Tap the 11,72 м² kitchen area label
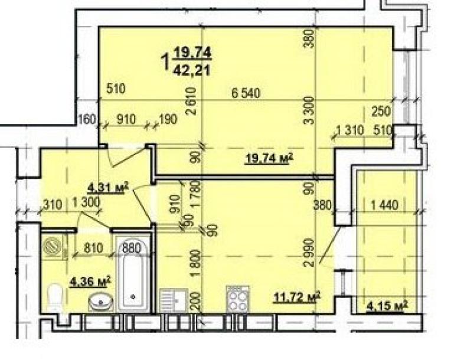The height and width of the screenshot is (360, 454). coord(297,297)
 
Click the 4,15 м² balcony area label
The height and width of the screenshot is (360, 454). coord(387,306)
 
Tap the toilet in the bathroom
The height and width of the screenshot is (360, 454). coord(55,297)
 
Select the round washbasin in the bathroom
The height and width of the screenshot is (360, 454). coord(101,302)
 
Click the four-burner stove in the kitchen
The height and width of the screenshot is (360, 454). coord(238,299)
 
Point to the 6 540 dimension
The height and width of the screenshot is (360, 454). coord(246,93)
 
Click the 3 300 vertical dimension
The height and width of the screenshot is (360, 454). coord(309,110)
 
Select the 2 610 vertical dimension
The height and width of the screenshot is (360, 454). coord(191,102)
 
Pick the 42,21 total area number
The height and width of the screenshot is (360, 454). coord(191,70)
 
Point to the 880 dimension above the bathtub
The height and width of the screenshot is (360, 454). coord(132,248)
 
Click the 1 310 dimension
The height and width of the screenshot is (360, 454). coord(350,130)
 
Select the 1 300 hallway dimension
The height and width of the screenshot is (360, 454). coord(86,202)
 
